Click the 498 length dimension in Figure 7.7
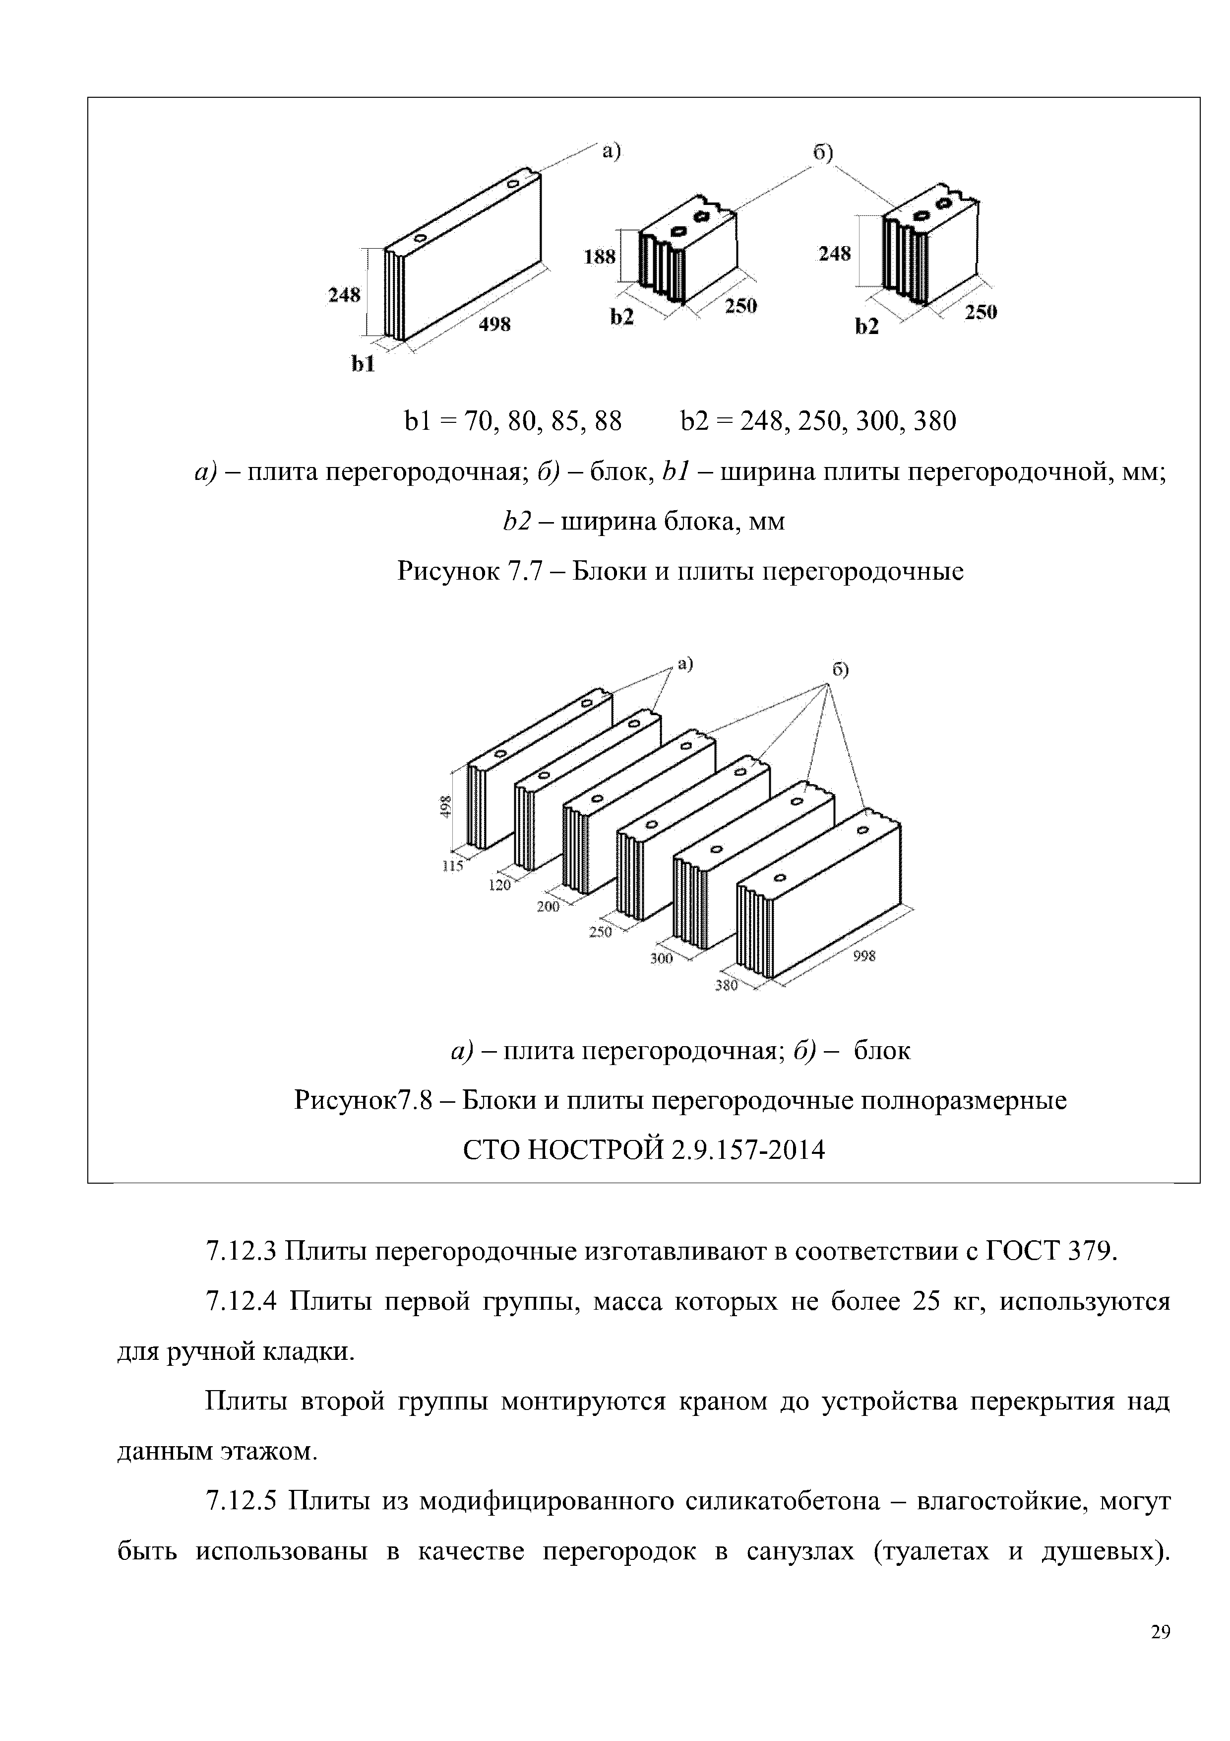[x=494, y=325]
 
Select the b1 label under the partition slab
[x=363, y=365]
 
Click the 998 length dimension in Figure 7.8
[x=864, y=957]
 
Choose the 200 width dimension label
[x=548, y=907]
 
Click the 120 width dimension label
[x=499, y=884]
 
